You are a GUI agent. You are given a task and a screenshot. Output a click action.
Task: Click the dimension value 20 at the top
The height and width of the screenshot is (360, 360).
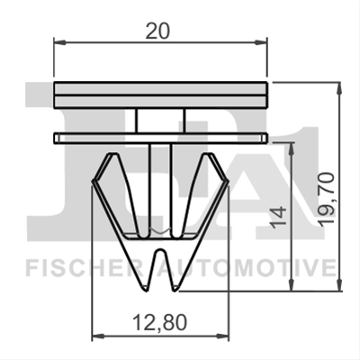coord(157,31)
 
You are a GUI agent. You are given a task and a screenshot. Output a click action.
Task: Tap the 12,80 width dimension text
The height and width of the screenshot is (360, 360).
coord(159,322)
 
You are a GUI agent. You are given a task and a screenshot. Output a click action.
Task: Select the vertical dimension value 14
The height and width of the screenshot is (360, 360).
coord(278,217)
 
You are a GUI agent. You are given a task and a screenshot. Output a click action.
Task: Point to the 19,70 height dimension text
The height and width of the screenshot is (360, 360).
coord(326,198)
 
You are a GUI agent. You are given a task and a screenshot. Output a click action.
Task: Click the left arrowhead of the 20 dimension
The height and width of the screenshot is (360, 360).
coord(59,42)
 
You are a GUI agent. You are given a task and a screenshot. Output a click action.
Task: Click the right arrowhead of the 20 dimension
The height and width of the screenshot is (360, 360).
coord(261,42)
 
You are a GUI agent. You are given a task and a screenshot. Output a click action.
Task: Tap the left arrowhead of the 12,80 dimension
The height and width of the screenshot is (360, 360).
coord(97,335)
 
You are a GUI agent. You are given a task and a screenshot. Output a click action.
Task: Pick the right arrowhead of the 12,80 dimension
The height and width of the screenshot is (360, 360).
coord(222,335)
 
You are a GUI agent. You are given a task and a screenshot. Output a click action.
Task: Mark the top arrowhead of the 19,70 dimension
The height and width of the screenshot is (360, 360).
coord(339,87)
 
